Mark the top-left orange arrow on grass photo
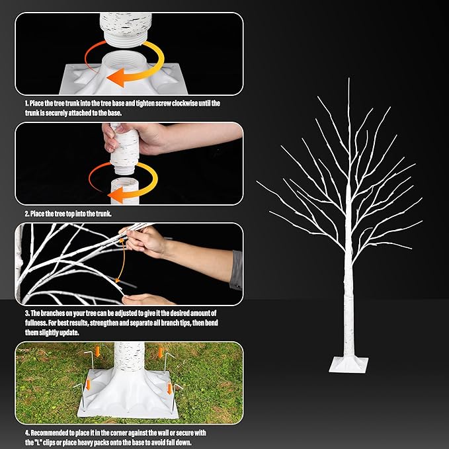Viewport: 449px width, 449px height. (96, 350)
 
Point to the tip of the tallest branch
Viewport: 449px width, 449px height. (348, 79)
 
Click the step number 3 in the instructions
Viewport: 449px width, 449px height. (27, 312)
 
